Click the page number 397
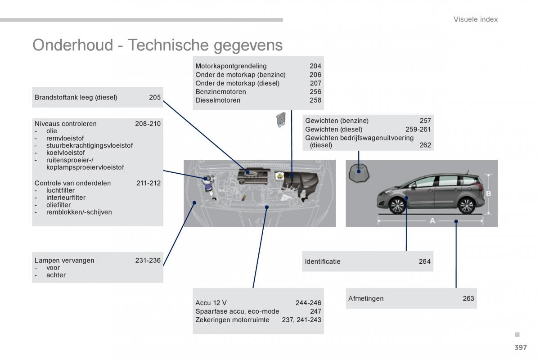pyautogui.click(x=521, y=347)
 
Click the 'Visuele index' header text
pyautogui.click(x=475, y=19)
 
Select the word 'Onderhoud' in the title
pyautogui.click(x=73, y=45)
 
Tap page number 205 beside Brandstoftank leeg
pyautogui.click(x=155, y=97)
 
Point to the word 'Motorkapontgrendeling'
pyautogui.click(x=231, y=66)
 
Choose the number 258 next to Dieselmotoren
pyautogui.click(x=315, y=100)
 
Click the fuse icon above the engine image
pyautogui.click(x=281, y=120)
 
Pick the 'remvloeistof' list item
pyautogui.click(x=65, y=138)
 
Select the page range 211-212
pyautogui.click(x=148, y=183)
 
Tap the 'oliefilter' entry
pyautogui.click(x=58, y=205)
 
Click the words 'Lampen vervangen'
pyautogui.click(x=64, y=261)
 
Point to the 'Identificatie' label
pyautogui.click(x=323, y=261)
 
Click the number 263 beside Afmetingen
pyautogui.click(x=468, y=298)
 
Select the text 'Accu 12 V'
pyautogui.click(x=211, y=302)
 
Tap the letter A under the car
pyautogui.click(x=432, y=220)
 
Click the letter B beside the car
pyautogui.click(x=489, y=193)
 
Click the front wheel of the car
pyautogui.click(x=397, y=206)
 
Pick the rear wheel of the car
pyautogui.click(x=467, y=206)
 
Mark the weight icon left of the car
pyautogui.click(x=359, y=173)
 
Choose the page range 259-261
pyautogui.click(x=418, y=129)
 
